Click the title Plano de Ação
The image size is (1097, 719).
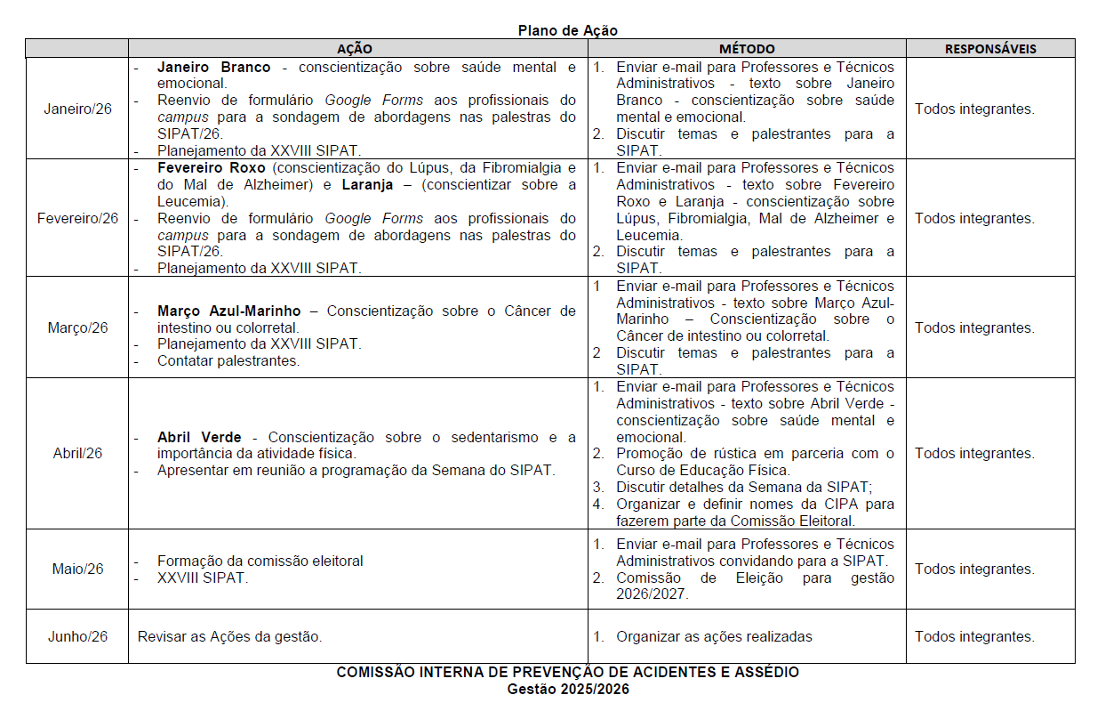567,30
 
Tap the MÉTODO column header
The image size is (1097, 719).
747,49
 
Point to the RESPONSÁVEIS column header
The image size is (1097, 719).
990,49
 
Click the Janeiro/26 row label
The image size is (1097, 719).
78,109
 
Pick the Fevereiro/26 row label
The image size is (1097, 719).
78,218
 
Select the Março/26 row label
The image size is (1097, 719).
78,327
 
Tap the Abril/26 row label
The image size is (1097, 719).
78,453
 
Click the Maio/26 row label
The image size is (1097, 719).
78,569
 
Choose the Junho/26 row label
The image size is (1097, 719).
78,636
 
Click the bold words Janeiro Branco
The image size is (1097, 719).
213,67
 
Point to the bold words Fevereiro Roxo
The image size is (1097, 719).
212,167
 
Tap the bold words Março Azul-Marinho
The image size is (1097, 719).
228,311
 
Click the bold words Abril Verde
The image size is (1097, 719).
199,437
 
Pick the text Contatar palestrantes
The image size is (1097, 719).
228,360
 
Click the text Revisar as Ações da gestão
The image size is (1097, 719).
229,636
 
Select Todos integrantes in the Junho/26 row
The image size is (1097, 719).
974,636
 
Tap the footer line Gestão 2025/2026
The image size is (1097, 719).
567,689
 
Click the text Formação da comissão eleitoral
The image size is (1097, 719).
260,561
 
